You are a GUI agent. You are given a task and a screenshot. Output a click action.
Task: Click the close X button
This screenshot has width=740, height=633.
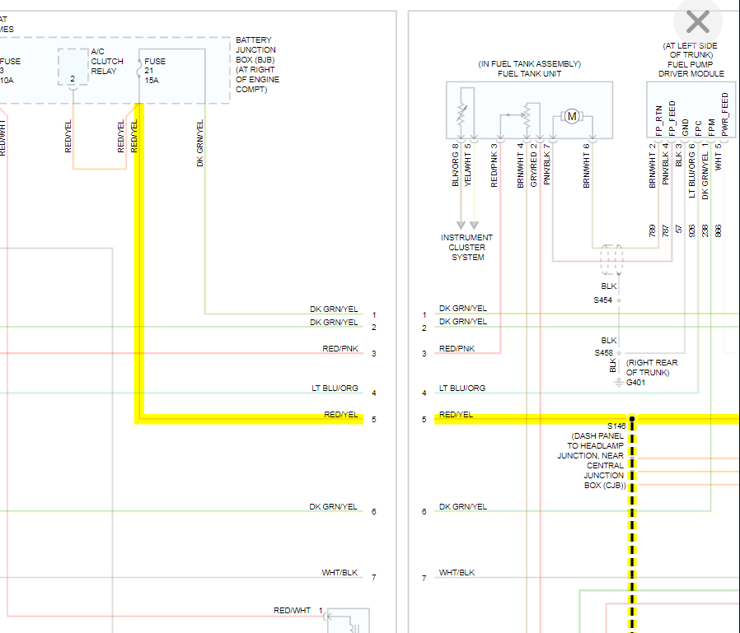click(697, 22)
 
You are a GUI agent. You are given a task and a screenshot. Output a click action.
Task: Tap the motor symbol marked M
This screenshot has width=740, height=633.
click(571, 117)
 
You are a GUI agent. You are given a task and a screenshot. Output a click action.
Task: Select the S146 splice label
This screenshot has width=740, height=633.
click(616, 426)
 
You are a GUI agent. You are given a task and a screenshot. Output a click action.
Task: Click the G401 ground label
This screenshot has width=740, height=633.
click(636, 383)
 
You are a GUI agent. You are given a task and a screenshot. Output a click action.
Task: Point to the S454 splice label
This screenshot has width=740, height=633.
click(603, 300)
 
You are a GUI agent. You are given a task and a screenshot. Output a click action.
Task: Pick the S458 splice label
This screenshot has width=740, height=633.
click(603, 353)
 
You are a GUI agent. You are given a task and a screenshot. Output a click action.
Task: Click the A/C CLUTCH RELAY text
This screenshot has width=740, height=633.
click(107, 61)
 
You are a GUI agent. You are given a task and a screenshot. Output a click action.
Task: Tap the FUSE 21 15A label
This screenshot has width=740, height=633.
click(155, 71)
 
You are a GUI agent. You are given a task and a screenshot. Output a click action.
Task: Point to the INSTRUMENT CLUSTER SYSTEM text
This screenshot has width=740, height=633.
click(467, 247)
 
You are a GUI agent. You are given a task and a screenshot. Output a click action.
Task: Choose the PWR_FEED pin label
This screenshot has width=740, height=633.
click(725, 114)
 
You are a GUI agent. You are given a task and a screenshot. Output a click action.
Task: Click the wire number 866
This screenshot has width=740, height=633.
click(718, 230)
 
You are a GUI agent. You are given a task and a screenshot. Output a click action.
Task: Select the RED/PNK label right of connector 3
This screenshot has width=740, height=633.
click(457, 349)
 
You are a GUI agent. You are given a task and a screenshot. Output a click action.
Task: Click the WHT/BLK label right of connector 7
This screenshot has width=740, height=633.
click(457, 573)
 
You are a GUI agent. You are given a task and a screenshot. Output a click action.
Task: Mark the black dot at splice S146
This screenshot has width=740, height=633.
click(632, 419)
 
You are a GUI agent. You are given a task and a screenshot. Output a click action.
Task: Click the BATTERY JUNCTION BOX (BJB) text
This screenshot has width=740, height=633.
click(255, 64)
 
